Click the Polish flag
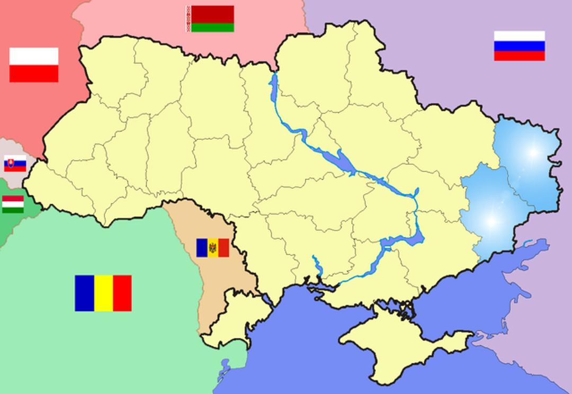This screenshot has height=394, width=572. coord(33,65)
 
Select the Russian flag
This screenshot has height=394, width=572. coord(519,46)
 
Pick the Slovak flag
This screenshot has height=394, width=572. coord(15,164)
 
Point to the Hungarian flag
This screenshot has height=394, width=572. coord(13,204)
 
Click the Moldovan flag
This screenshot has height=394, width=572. coord(212,247)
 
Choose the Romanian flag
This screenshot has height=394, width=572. coord(103,293)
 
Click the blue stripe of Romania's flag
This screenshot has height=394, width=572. coord(84,293)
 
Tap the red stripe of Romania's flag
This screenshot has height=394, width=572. coord(122,293)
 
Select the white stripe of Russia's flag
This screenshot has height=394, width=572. coord(519,36)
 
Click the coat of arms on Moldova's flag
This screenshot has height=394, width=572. coord(212,247)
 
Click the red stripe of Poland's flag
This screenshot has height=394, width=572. coord(33,74)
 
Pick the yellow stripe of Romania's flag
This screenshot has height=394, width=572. coord(103,293)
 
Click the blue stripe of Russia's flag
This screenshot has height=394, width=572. coord(519,46)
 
